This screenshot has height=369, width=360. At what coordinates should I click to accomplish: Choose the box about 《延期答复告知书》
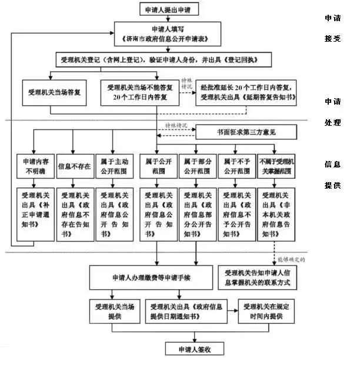coord(245,93)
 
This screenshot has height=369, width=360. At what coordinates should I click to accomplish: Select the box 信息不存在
coord(74,166)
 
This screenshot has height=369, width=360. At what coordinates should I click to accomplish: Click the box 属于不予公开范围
coord(236,166)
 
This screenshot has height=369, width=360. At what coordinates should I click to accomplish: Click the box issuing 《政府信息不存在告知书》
coord(74,213)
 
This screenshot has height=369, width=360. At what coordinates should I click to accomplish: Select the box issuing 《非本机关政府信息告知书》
coord(276,213)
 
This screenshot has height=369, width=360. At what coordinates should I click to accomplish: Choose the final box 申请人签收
coord(194,349)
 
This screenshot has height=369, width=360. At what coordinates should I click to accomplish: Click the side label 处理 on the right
coord(332,123)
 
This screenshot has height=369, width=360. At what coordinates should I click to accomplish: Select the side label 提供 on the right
coord(332,186)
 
